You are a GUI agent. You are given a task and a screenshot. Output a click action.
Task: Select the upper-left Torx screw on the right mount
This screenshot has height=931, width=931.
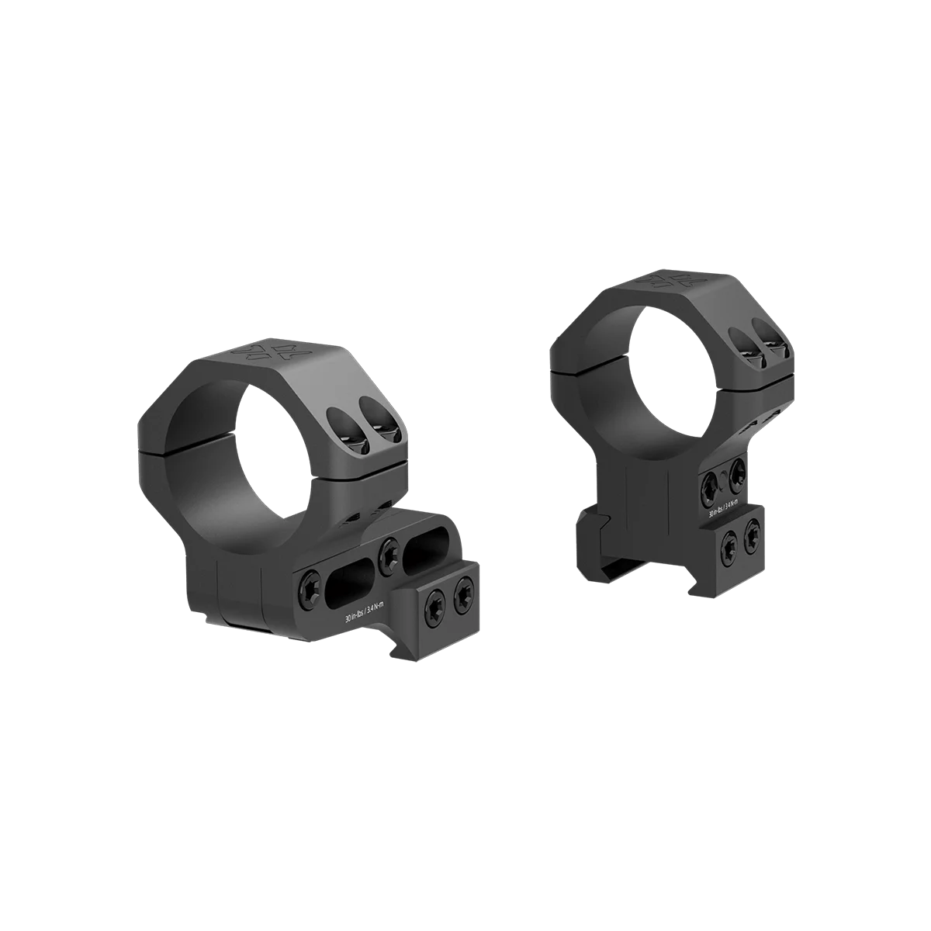point(709,486)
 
